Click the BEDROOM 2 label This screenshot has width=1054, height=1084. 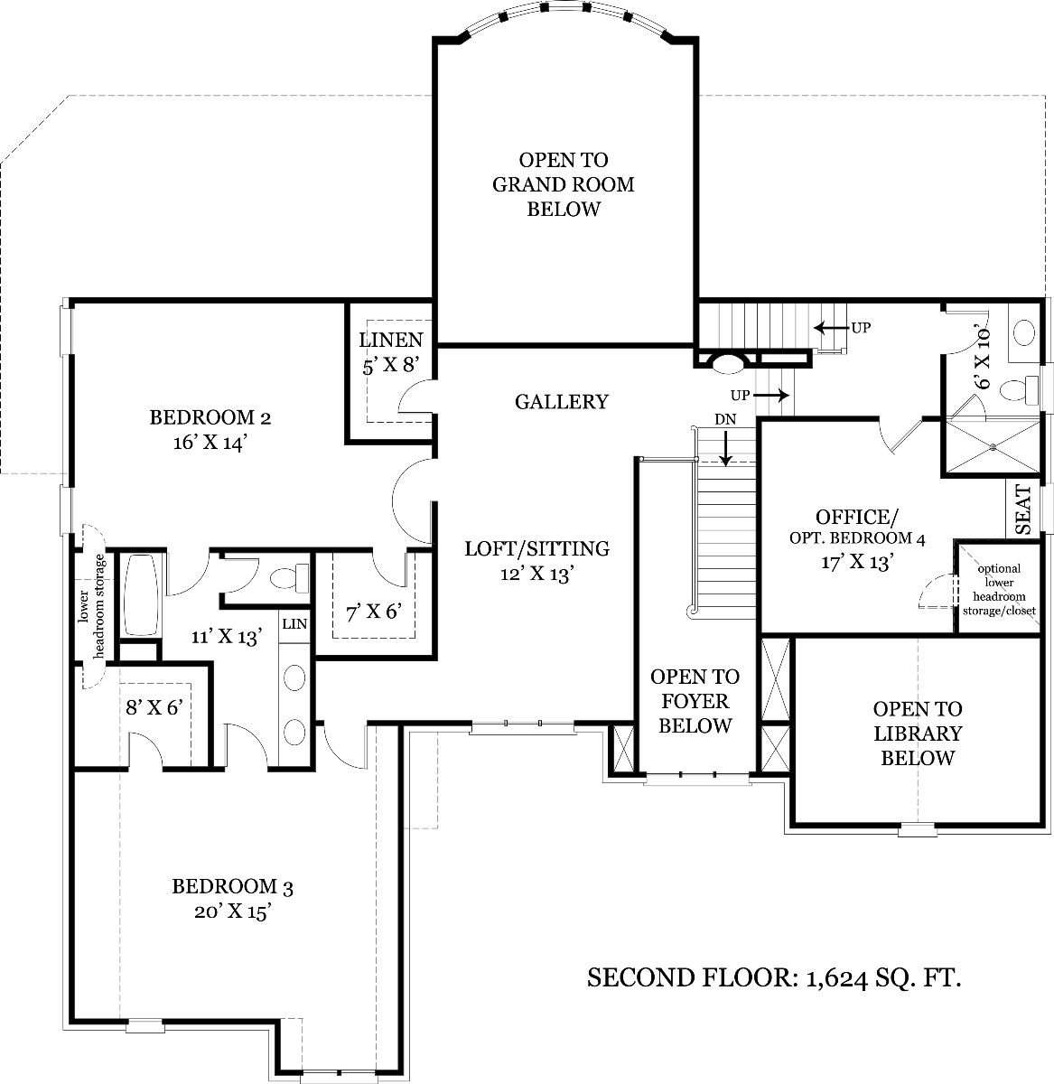210,417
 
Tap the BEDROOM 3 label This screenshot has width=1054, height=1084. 232,886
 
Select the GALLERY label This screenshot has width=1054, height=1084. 562,402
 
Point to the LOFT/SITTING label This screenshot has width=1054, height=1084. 537,548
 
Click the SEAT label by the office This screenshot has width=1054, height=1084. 1023,509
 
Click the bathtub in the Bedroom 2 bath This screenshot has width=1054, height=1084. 140,594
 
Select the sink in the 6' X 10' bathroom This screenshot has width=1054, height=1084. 1023,333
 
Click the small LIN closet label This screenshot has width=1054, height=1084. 294,624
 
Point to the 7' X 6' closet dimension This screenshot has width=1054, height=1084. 374,612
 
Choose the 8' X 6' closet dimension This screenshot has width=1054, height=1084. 154,707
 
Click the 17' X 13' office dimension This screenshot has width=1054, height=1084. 857,562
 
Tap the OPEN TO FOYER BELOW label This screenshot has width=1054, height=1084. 695,701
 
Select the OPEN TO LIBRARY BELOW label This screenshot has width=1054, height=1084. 918,734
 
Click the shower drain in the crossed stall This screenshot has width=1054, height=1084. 993,446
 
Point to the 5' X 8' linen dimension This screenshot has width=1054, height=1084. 390,367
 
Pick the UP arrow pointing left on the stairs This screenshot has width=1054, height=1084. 833,328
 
